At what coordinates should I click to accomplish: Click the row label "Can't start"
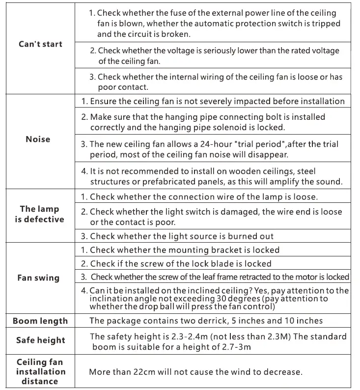pos(40,44)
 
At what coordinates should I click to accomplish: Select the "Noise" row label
pos(38,139)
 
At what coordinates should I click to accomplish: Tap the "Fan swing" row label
pos(38,278)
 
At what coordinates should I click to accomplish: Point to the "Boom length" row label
pos(40,321)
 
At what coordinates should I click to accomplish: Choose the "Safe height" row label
pos(40,340)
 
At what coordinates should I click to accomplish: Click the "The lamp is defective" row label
pos(39,214)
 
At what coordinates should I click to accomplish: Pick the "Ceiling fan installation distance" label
pos(40,372)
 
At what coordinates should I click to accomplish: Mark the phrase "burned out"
pos(250,236)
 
